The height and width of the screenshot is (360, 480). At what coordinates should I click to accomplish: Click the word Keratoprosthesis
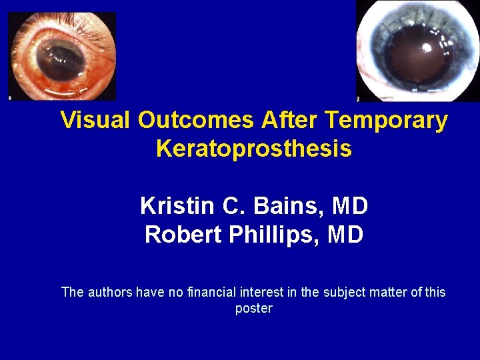tap(253, 149)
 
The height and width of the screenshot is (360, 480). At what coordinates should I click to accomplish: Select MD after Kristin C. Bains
tap(350, 206)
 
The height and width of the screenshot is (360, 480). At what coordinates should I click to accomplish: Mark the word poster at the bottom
tap(254, 309)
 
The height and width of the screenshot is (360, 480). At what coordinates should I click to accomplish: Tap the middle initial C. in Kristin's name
tap(241, 206)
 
